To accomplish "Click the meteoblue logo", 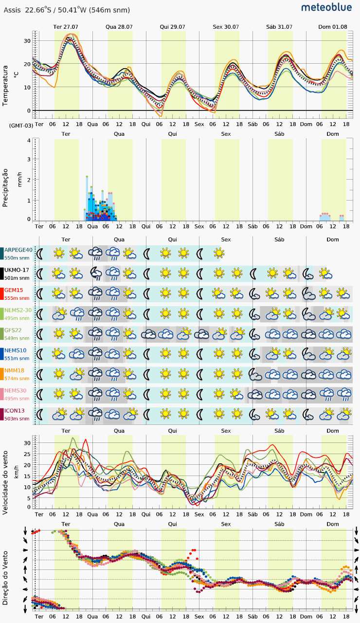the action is click(326, 7).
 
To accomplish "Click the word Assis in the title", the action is click(12, 10).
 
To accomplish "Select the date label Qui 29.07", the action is click(172, 27).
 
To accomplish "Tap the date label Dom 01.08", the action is click(333, 27).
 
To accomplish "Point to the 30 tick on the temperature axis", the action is click(27, 41).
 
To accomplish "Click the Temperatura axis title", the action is click(5, 86).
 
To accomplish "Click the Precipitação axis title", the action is click(5, 188).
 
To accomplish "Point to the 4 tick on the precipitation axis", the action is click(29, 141).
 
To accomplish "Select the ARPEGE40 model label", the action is click(18, 250).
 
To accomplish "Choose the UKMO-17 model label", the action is click(17, 270).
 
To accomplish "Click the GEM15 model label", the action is click(14, 290).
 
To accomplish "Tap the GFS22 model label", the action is click(13, 330).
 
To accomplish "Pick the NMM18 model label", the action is click(14, 370).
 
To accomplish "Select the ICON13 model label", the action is click(15, 411).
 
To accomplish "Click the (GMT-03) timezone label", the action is click(21, 126).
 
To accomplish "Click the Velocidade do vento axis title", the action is click(5, 482).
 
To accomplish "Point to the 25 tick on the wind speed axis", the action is click(27, 454).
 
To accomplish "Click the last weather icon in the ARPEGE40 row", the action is click(219, 253).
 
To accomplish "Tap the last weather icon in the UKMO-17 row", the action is click(325, 274).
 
